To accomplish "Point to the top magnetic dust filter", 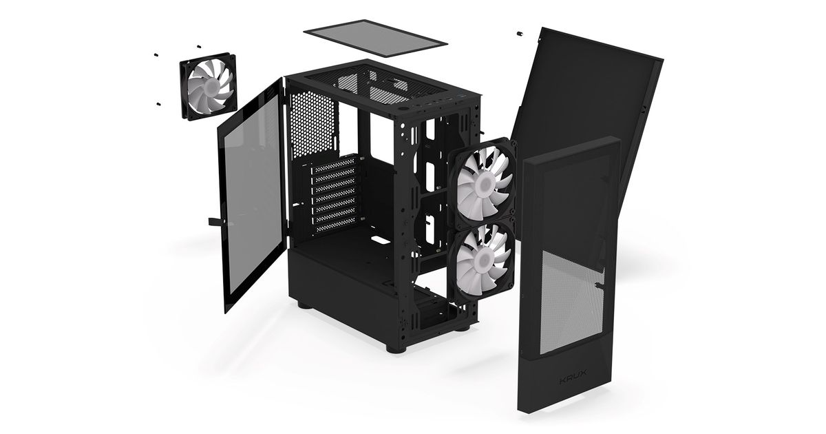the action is pos(375,38).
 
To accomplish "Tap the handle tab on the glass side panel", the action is pos(217,221).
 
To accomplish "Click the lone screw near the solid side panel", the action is pos(520,34).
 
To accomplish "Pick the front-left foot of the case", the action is pos(396,348).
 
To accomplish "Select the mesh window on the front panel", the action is pos(571,302).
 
